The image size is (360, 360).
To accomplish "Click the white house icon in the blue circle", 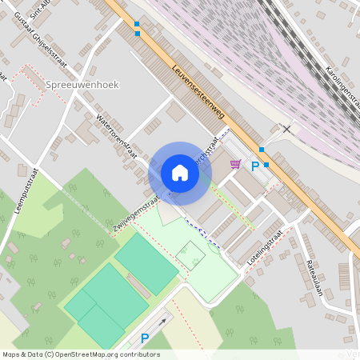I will click(180, 173).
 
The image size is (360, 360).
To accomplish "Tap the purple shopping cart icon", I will click(235, 165).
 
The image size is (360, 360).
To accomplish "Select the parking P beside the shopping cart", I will click(255, 166).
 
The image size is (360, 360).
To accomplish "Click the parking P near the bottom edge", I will click(145, 338).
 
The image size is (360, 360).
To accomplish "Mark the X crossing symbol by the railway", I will click(286, 129).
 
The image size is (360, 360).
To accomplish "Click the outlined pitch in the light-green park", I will click(190, 255).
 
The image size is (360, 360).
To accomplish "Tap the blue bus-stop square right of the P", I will click(267, 165).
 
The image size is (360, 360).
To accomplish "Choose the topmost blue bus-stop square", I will click(138, 24).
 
